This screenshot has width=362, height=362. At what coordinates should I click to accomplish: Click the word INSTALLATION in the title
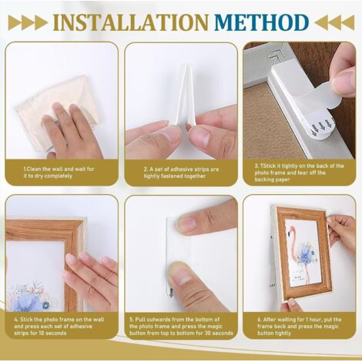point(130,22)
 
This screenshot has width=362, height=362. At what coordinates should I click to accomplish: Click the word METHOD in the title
point(261,22)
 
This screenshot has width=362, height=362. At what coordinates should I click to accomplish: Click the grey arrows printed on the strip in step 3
point(323,126)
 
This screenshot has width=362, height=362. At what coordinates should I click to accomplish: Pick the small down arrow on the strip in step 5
point(171,293)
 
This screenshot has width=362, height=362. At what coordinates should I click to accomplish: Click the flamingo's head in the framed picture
point(293,228)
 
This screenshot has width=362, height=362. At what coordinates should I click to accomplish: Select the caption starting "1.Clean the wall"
point(59,173)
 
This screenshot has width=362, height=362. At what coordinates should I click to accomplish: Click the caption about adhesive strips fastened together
point(181,173)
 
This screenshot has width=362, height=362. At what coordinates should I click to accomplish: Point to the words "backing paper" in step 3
point(272,179)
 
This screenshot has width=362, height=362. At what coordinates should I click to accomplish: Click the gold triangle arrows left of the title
point(28,22)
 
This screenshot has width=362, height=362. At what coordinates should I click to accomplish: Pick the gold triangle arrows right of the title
point(334,22)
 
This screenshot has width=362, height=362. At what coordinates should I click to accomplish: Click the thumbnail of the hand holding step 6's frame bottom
point(292,301)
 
